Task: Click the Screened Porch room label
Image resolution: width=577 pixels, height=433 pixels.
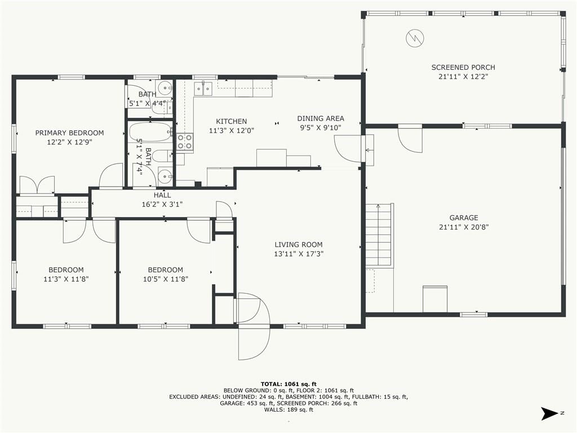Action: [463, 68]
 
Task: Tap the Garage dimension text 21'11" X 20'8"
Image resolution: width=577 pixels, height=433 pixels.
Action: [464, 227]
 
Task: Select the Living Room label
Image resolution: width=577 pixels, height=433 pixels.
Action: [299, 245]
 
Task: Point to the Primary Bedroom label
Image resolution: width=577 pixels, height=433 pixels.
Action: [69, 133]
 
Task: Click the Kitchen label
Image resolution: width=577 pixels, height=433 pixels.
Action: [232, 121]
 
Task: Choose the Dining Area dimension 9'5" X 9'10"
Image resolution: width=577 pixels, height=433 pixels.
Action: [321, 128]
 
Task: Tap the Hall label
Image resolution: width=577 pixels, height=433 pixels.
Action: [162, 195]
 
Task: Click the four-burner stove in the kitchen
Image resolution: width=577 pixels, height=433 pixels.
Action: [185, 142]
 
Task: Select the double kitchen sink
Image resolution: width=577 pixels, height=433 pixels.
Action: [203, 89]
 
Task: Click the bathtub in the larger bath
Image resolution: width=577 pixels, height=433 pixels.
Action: [150, 131]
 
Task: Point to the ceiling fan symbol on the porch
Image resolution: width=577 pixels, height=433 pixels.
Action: [415, 38]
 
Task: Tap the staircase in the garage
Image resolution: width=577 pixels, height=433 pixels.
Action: [378, 235]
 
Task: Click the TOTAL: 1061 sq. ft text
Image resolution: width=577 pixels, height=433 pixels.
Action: [288, 384]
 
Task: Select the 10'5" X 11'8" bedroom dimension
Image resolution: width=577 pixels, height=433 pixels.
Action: [166, 279]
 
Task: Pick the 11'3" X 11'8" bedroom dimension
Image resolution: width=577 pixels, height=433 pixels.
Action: [66, 279]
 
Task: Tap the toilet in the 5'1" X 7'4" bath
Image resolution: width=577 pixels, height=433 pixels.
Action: [162, 156]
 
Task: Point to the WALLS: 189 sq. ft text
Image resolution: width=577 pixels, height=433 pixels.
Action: [288, 410]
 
